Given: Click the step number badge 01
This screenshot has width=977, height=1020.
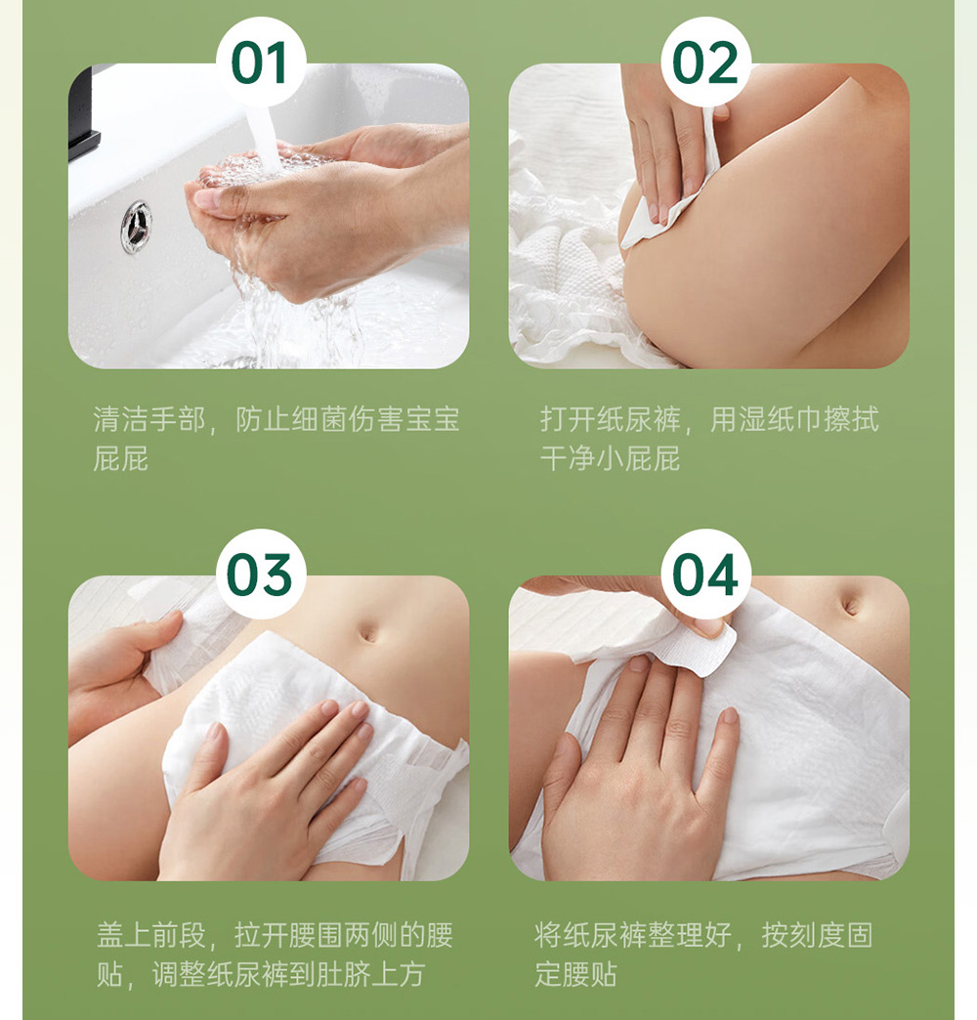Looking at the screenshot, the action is tap(261, 62).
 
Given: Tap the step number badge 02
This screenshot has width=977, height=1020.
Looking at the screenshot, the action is tap(705, 62).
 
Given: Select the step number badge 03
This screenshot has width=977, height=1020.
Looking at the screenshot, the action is tap(261, 574).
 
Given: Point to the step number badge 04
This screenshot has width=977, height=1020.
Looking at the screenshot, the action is tap(705, 574).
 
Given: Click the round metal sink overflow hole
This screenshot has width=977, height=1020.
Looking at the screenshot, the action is tap(136, 227).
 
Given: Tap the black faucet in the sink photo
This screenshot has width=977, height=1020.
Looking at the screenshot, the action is tap(83, 114).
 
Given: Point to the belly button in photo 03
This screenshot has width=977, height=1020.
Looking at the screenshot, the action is tap(367, 633).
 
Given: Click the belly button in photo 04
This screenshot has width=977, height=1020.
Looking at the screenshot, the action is tap(851, 607).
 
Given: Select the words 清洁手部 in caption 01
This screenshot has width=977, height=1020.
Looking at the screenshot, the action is tap(149, 419).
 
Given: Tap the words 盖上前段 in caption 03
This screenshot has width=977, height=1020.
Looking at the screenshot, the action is tap(151, 935).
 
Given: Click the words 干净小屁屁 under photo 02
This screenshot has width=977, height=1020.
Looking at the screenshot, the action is tap(611, 458).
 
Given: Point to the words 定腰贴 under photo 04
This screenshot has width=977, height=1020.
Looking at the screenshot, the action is tap(576, 974).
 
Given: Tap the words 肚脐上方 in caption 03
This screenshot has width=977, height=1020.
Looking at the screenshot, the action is tap(368, 974).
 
